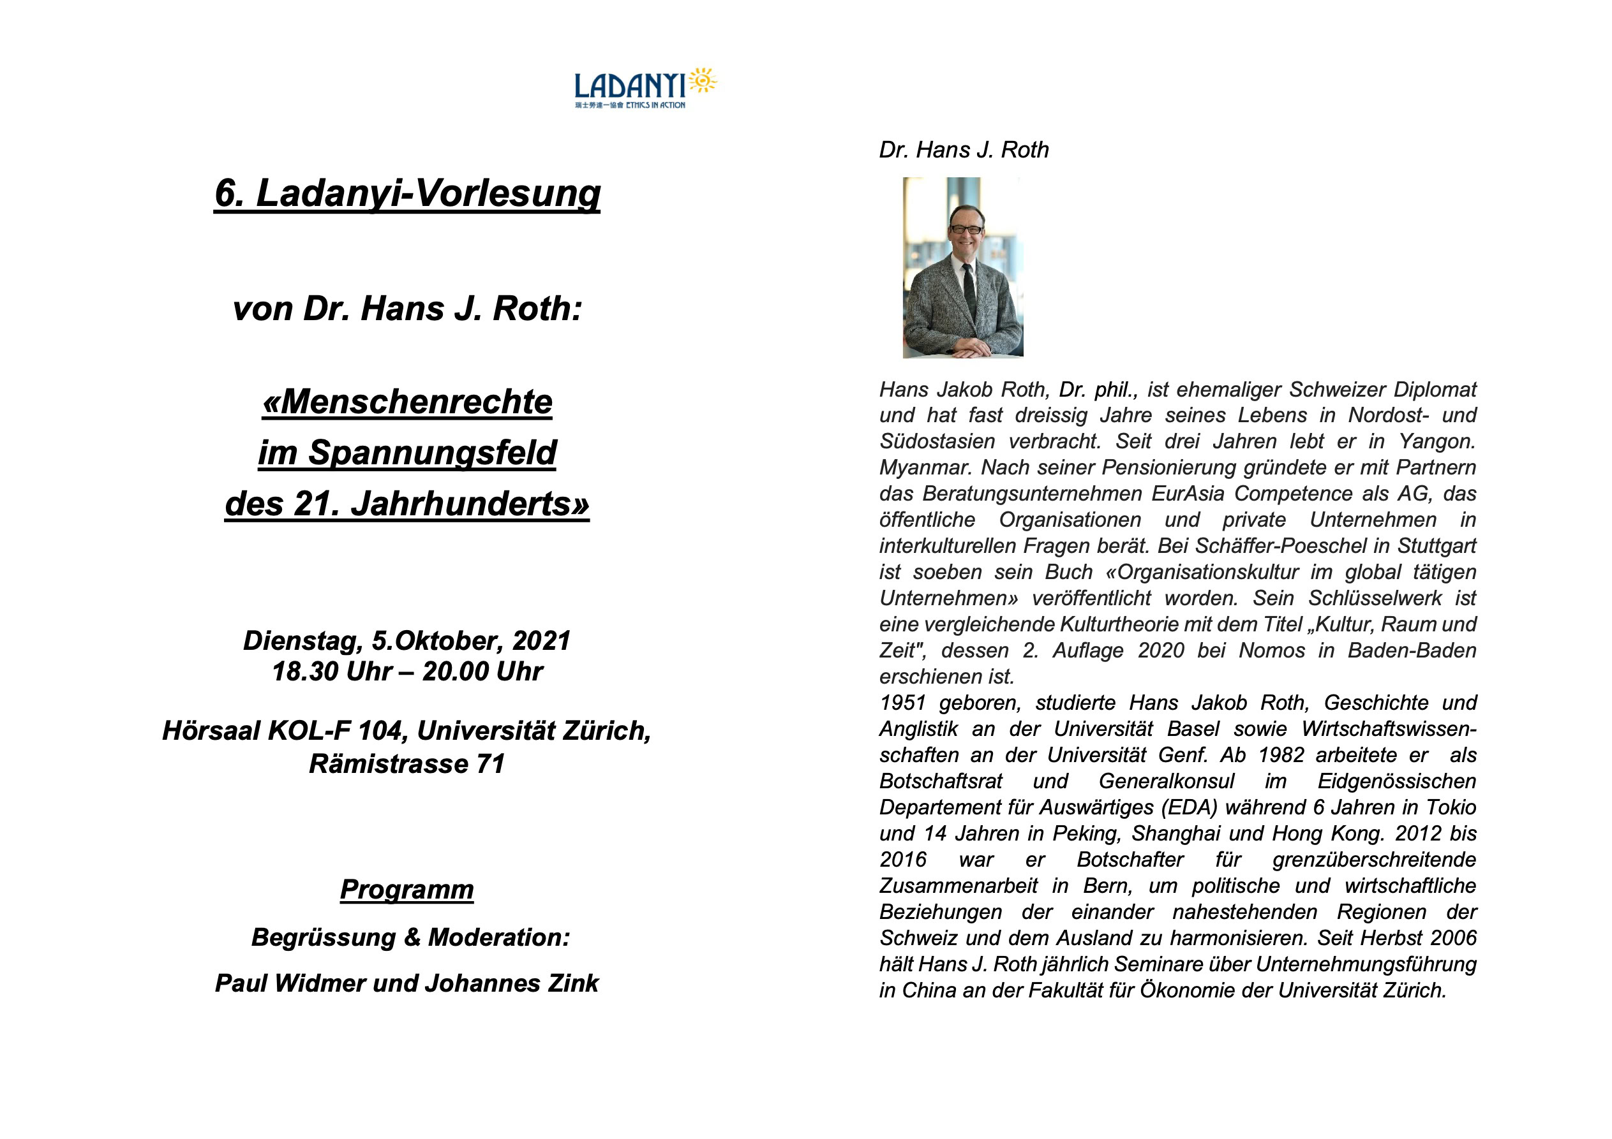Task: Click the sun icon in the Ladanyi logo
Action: coord(702,82)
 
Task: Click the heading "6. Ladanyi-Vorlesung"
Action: coord(407,193)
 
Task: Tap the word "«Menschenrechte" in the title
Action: coord(407,402)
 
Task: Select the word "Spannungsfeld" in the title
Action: coord(432,453)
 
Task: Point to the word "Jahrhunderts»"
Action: coord(470,504)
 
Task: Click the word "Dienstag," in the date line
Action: coord(302,641)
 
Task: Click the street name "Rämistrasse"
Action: coord(388,763)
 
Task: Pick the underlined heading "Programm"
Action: coord(407,889)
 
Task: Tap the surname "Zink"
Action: coord(574,983)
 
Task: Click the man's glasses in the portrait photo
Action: coord(966,230)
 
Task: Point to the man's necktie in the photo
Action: coord(969,288)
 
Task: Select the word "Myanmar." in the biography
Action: coord(925,467)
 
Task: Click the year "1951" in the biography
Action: coord(903,703)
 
